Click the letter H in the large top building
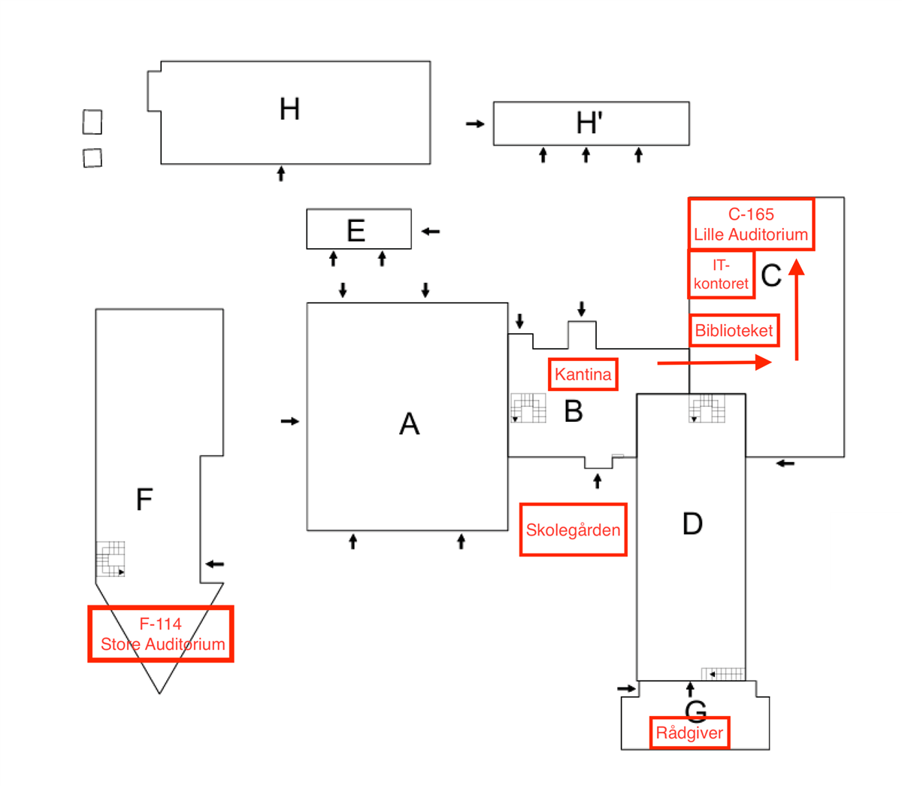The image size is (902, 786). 289,109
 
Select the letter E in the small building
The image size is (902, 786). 356,230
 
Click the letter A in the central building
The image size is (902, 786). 409,423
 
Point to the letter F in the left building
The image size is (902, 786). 144,499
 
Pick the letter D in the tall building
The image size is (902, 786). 692,523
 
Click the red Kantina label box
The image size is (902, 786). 583,374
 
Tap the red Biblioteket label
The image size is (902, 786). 734,330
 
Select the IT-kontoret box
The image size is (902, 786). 721,275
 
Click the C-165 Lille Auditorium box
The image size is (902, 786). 751,224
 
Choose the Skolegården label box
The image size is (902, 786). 573,530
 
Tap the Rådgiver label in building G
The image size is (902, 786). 689,733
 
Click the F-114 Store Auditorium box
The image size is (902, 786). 160,634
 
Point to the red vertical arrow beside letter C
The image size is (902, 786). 796,310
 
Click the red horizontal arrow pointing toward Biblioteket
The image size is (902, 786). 714,363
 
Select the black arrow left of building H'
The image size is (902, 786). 475,124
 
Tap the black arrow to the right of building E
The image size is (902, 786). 430,231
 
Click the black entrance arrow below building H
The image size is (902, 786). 281,173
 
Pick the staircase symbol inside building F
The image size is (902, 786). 110,558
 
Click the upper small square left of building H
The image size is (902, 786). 92,122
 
